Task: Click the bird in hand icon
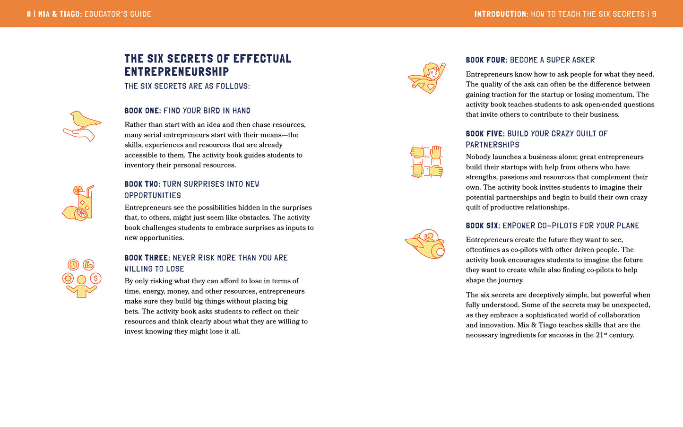coord(82,126)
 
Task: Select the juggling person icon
coord(82,279)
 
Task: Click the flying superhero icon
coord(427,78)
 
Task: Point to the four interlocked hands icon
coord(427,161)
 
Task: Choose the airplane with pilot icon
coord(425,244)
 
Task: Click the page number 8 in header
coord(29,14)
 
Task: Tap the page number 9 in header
coord(654,14)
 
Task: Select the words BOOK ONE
coord(142,111)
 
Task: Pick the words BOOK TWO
coord(142,184)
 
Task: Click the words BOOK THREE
coord(146,258)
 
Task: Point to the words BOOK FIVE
coord(484,134)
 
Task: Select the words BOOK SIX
coord(482,226)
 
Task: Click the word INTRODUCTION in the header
coord(501,14)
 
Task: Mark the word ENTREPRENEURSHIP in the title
coord(177,72)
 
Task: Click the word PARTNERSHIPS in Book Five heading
coord(493,145)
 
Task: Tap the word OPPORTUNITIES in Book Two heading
coord(153,195)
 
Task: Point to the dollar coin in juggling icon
coord(95,278)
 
